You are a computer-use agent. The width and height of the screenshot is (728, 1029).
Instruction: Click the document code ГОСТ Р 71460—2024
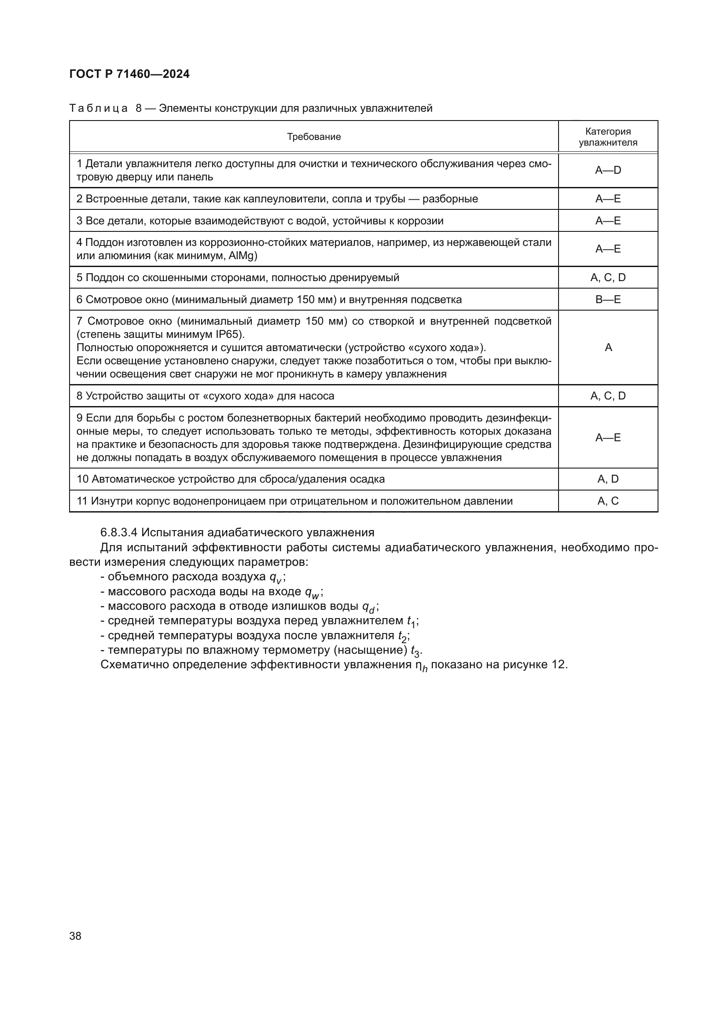click(x=129, y=74)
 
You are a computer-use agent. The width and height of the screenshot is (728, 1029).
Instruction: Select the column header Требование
click(x=314, y=137)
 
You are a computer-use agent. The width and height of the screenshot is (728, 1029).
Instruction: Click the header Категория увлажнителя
click(x=608, y=137)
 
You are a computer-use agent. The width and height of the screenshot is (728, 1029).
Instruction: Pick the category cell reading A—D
click(x=608, y=170)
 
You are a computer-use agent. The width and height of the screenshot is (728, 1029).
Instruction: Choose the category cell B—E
click(x=608, y=300)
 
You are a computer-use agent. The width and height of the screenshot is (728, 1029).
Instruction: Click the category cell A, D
click(x=608, y=479)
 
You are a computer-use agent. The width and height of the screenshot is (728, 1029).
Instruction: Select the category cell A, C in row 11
click(x=608, y=501)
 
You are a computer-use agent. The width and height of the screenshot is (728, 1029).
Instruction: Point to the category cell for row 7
click(x=608, y=348)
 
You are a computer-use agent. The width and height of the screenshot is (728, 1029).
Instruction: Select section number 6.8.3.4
click(x=119, y=532)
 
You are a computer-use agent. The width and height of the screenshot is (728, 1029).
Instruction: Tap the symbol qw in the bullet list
click(x=312, y=593)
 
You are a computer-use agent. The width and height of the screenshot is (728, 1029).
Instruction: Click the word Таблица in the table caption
click(x=99, y=109)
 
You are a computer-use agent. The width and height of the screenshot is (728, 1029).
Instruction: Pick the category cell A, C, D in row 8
click(x=608, y=396)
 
